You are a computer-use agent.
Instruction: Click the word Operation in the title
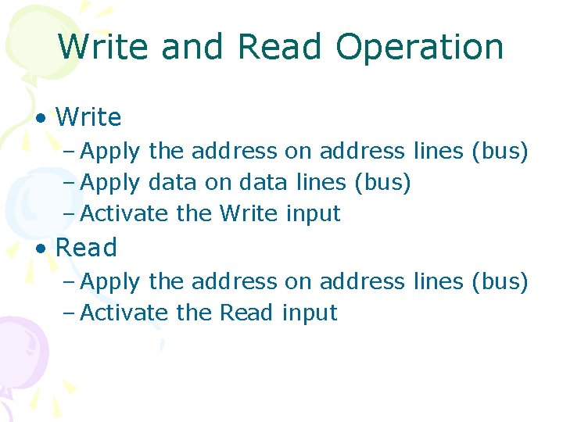click(x=420, y=48)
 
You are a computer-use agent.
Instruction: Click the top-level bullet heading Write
click(x=88, y=118)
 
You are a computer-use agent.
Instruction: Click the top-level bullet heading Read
click(x=86, y=248)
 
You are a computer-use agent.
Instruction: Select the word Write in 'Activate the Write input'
click(x=249, y=213)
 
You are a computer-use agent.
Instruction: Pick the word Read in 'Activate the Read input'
click(x=247, y=313)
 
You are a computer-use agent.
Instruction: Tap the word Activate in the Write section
click(x=125, y=213)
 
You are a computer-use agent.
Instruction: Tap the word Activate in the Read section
click(x=125, y=313)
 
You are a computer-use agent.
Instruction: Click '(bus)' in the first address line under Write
click(x=500, y=151)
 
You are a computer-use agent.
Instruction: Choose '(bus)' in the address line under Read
click(x=500, y=281)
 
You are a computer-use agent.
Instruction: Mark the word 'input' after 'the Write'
click(x=313, y=214)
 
